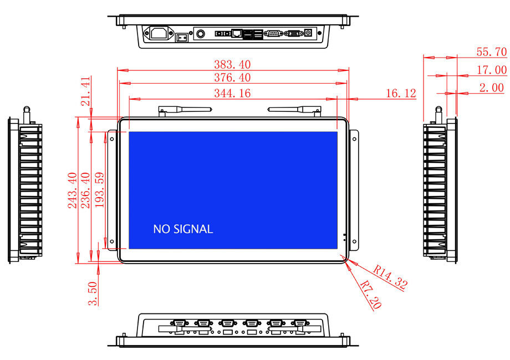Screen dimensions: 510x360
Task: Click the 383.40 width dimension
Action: [232, 64]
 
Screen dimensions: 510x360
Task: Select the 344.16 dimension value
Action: [232, 93]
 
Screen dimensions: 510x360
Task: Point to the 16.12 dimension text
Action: [401, 93]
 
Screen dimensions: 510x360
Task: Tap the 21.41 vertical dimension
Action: [85, 91]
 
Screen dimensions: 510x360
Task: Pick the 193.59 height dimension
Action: [99, 190]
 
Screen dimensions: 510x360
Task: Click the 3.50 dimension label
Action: [93, 294]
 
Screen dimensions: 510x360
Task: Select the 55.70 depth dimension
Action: [492, 52]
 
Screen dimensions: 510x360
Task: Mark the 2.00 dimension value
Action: [492, 88]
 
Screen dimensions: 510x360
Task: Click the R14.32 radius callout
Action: [390, 277]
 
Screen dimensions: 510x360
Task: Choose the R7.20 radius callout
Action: [371, 294]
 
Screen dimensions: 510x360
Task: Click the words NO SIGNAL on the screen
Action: [183, 229]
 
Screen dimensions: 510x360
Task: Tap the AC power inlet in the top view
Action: [159, 33]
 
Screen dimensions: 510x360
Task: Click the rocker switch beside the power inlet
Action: [181, 37]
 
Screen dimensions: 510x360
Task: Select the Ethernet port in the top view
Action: [237, 33]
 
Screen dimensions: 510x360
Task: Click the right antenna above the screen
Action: [294, 110]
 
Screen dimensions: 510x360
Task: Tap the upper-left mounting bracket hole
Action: [112, 139]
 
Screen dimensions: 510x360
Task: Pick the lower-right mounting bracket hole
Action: [354, 241]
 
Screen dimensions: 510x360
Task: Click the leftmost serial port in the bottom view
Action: [179, 323]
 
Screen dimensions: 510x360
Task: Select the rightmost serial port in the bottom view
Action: [300, 323]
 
